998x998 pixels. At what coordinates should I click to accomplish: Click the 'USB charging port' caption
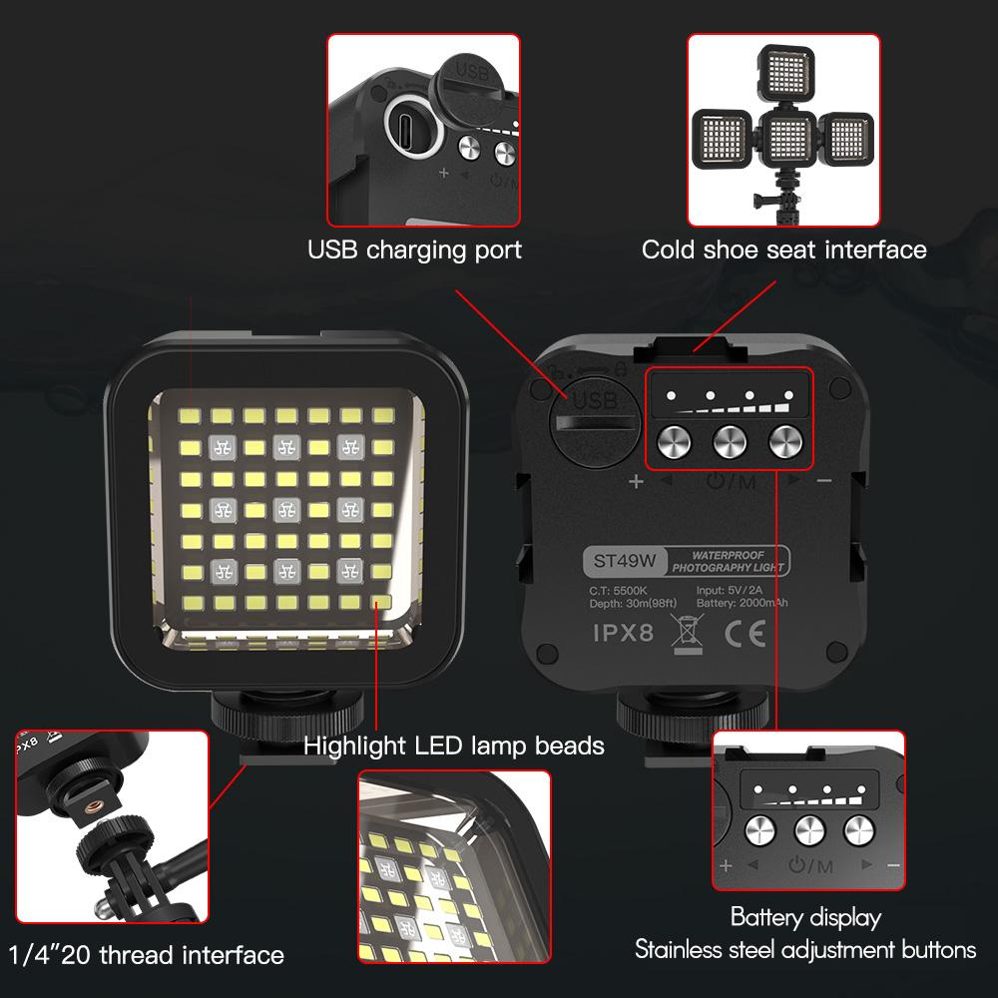(x=413, y=249)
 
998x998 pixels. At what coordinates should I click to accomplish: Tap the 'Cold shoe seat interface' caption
(x=783, y=249)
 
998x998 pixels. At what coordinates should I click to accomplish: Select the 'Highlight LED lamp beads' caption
(x=454, y=745)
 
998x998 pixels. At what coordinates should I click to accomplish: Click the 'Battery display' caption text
(x=805, y=916)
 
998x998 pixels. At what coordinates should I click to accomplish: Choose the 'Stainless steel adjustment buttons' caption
(x=805, y=949)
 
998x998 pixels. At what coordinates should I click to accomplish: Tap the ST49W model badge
(x=622, y=562)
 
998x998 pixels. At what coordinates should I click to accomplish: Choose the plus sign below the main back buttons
(x=636, y=482)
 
